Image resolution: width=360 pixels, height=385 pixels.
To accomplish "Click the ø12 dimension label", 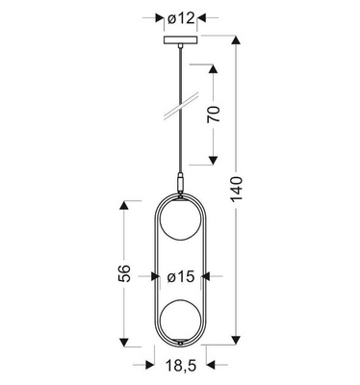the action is pos(181,18).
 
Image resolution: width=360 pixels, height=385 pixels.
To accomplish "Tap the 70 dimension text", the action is pos(214,114).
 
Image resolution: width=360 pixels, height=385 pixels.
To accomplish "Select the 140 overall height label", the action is pos(237,189).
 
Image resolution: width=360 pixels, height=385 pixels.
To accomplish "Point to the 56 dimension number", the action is pos(124,273).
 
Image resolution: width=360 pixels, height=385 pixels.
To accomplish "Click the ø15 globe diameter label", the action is pos(181,276).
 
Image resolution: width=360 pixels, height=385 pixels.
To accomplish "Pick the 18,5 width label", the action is pos(181,365).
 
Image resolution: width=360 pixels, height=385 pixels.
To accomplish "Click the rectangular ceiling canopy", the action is pos(181,40).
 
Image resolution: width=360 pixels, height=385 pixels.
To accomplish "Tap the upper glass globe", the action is pos(181,219).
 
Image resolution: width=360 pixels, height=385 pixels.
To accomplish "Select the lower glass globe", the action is pos(181,321).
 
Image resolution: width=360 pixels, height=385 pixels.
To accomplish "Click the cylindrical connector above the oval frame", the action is pos(181,183).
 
